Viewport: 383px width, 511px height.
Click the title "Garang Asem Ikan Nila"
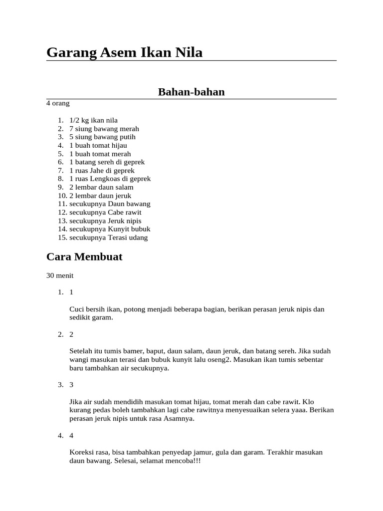tap(124, 52)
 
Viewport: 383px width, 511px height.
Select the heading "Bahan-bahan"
tap(191, 92)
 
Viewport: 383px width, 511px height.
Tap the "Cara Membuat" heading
tap(84, 257)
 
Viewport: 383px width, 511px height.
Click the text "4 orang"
tap(58, 103)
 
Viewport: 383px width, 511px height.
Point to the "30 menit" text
tap(60, 275)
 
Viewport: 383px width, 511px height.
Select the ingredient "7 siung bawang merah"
tap(104, 129)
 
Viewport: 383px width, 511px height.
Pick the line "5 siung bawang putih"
tap(102, 137)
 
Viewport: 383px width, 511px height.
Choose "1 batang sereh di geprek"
tap(107, 162)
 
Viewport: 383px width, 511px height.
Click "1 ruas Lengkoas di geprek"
tap(110, 179)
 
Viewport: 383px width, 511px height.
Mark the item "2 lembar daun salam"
tap(101, 187)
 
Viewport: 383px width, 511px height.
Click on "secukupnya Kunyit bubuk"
tap(110, 229)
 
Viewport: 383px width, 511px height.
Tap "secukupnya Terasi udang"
tap(108, 238)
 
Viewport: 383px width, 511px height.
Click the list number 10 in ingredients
tap(62, 196)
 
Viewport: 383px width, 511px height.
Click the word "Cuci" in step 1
tap(77, 309)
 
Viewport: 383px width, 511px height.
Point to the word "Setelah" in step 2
tap(81, 351)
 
